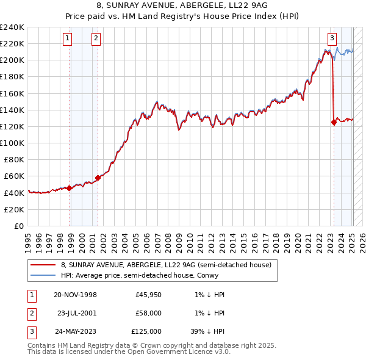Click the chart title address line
(x=182, y=7)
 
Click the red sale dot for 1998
(x=70, y=188)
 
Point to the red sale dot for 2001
(x=98, y=178)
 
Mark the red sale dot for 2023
(x=334, y=122)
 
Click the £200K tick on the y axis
(x=12, y=60)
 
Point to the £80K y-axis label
(x=15, y=160)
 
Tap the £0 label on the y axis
(x=20, y=226)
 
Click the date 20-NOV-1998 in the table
(x=75, y=295)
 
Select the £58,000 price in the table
(x=148, y=313)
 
